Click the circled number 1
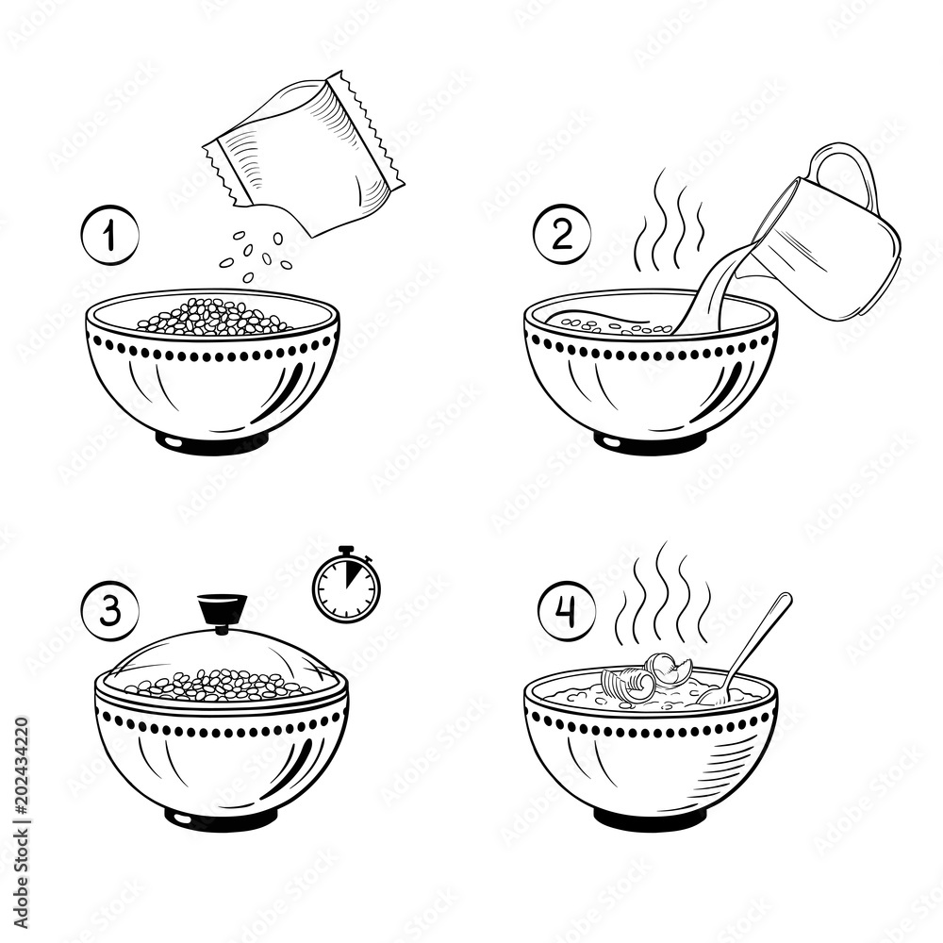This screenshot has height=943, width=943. (x=109, y=236)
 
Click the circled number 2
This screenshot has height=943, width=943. (x=562, y=236)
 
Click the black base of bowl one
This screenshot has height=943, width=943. (x=212, y=441)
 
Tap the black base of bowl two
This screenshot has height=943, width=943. (x=651, y=441)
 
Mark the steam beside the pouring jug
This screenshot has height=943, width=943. (x=672, y=222)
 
